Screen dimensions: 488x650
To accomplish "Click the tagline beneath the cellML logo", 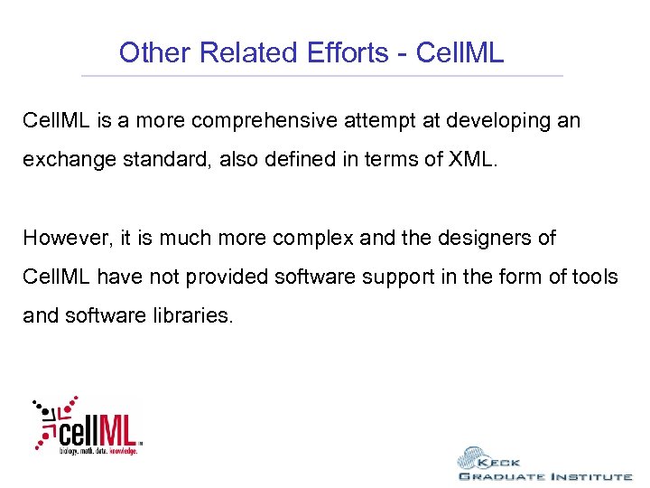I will [98, 449].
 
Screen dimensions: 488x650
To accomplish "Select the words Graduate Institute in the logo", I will [544, 476].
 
